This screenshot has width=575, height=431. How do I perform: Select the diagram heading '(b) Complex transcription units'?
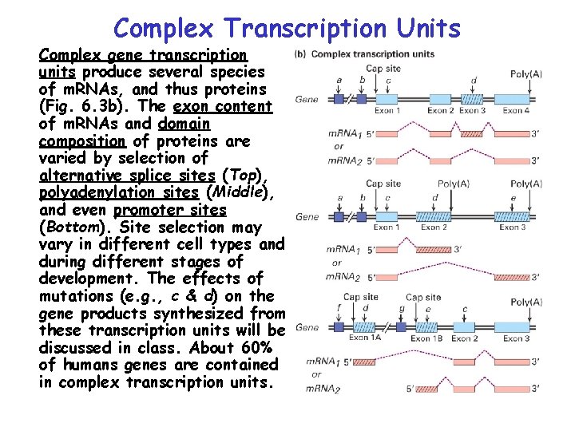[365, 53]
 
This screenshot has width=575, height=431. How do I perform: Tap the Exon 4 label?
[515, 111]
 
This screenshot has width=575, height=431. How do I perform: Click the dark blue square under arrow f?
[339, 327]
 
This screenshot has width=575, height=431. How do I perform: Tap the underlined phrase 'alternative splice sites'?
[126, 176]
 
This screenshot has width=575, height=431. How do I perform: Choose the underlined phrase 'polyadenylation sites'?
[120, 193]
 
